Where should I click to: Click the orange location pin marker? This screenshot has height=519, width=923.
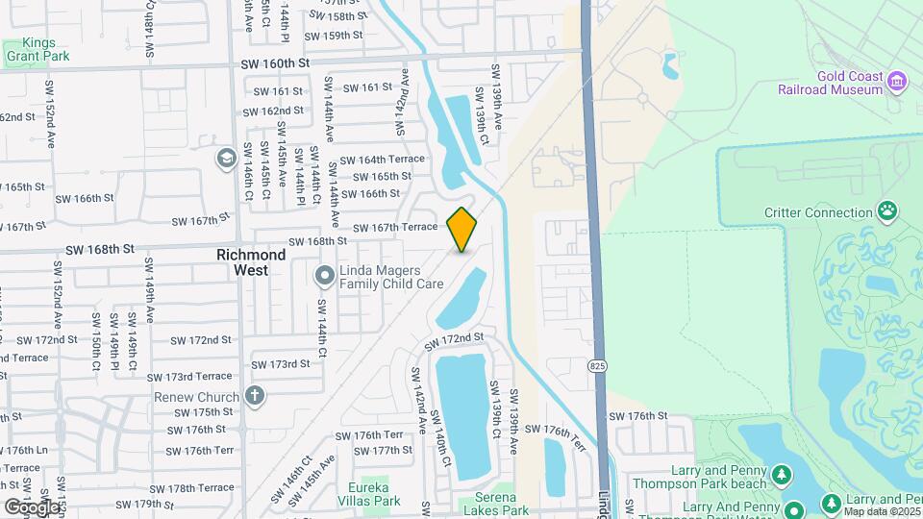click(x=462, y=230)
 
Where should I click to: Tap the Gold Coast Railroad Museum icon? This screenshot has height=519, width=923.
click(x=898, y=81)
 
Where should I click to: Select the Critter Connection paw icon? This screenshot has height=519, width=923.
click(x=888, y=210)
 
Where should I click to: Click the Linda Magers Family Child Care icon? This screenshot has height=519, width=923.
click(x=325, y=277)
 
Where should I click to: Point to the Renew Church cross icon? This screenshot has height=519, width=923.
click(x=255, y=395)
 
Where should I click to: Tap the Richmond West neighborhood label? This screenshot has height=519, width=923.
click(x=251, y=262)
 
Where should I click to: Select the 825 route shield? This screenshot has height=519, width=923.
click(x=599, y=366)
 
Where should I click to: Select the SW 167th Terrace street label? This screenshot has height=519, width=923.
click(x=396, y=228)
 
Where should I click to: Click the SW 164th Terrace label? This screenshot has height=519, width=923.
click(x=382, y=160)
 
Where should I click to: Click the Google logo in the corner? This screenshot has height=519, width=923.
click(x=32, y=507)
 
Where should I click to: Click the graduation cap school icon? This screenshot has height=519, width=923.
click(x=226, y=158)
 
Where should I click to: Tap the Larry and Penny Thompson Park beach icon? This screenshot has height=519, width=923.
click(x=782, y=475)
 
